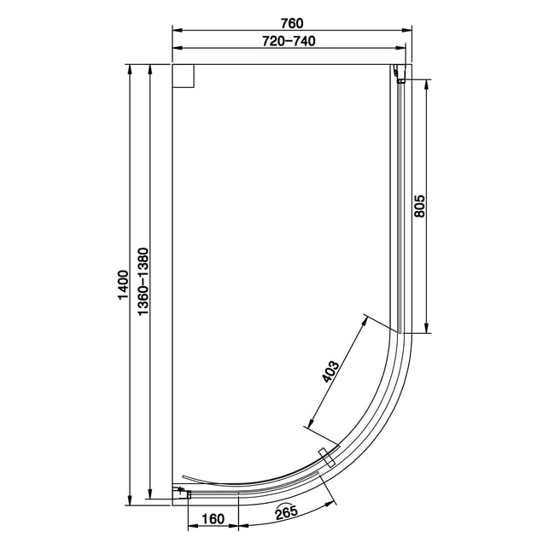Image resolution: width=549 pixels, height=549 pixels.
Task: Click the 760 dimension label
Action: pos(292,23)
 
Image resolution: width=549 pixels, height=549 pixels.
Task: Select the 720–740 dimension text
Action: pos(289,41)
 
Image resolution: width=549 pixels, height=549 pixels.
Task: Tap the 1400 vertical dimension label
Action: pos(124,284)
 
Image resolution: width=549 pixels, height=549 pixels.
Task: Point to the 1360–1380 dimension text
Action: pos(143,282)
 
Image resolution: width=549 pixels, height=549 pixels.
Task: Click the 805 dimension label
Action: pos(419,207)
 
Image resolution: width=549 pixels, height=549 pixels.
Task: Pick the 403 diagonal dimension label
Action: pos(330,371)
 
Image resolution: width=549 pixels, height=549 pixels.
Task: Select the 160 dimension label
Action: pos(213,518)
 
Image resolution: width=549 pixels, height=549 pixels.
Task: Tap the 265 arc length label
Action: pos(286,512)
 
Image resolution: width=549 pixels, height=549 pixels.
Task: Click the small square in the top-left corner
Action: pos(184,76)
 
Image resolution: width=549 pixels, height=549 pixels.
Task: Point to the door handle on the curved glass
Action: pos(327,458)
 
